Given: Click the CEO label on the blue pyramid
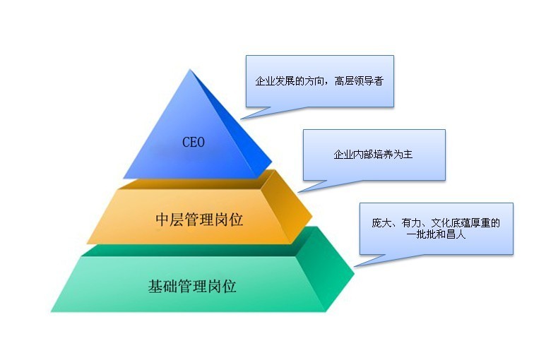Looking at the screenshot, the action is point(194,142).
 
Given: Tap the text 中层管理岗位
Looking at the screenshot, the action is point(199,220).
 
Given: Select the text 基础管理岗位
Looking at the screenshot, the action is point(192,287).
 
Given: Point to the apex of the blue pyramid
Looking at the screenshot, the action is point(190,69).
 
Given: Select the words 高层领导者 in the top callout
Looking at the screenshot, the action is point(359,81).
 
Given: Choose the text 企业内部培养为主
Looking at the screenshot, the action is point(373,154).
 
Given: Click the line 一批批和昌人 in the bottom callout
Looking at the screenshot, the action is point(436,234).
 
